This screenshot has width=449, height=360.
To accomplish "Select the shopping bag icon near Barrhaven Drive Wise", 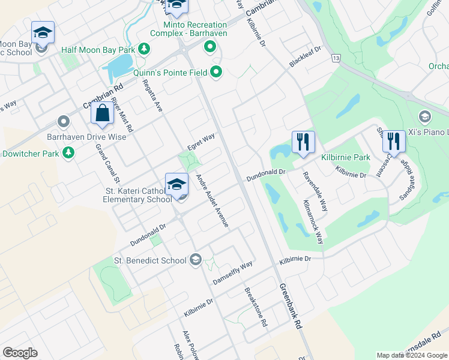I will coord(102,113).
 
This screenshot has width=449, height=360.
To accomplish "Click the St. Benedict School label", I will coord(150,260).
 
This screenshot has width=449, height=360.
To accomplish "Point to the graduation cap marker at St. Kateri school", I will coord(177,184).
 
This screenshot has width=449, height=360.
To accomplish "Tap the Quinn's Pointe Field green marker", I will coord(217,73).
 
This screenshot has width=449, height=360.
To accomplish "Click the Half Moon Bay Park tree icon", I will coord(143,49).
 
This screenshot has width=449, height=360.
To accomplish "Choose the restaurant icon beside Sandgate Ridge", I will coord(393,142).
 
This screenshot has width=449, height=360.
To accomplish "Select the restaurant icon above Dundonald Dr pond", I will coord(303,142).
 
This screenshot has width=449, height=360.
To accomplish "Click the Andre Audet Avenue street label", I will coord(212,200).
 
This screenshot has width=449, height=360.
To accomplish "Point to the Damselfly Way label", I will coord(233,273).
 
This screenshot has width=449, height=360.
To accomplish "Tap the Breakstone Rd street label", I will coord(255,307).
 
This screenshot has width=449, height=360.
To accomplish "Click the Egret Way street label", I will coord(201,142).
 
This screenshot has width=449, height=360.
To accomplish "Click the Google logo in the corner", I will coord(20,353).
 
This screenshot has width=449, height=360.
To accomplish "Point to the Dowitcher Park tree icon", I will coord(68,154).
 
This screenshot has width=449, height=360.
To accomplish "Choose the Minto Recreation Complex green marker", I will coord(209,46).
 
